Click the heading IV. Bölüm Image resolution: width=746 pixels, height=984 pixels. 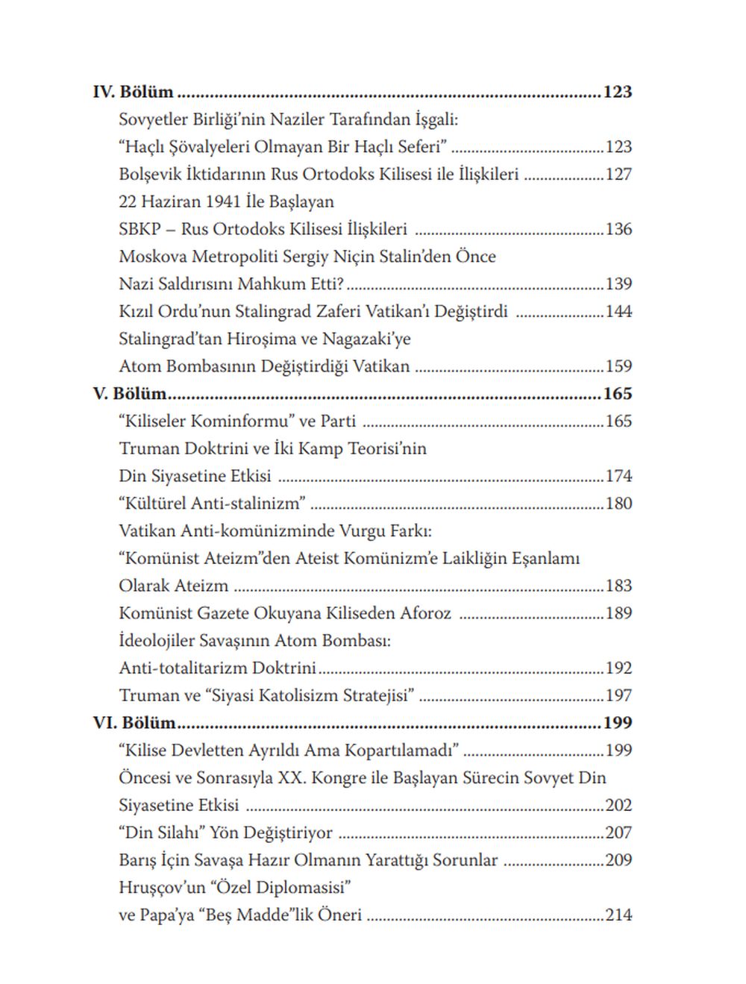coord(133,92)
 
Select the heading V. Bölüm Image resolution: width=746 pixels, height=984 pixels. coord(130,393)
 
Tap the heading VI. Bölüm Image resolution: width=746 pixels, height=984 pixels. coord(134,722)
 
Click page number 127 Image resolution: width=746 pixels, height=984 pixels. coord(618,175)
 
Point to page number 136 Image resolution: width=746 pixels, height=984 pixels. coord(618,229)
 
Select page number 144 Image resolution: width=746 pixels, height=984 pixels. coord(618,311)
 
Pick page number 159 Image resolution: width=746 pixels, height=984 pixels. coord(618,366)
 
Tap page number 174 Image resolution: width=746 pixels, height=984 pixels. coord(618,476)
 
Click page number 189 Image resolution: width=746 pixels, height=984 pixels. coord(618,613)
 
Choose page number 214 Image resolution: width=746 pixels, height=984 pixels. coord(618,915)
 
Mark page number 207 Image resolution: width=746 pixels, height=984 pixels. coord(618,833)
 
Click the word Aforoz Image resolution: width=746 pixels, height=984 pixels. coord(425,613)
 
